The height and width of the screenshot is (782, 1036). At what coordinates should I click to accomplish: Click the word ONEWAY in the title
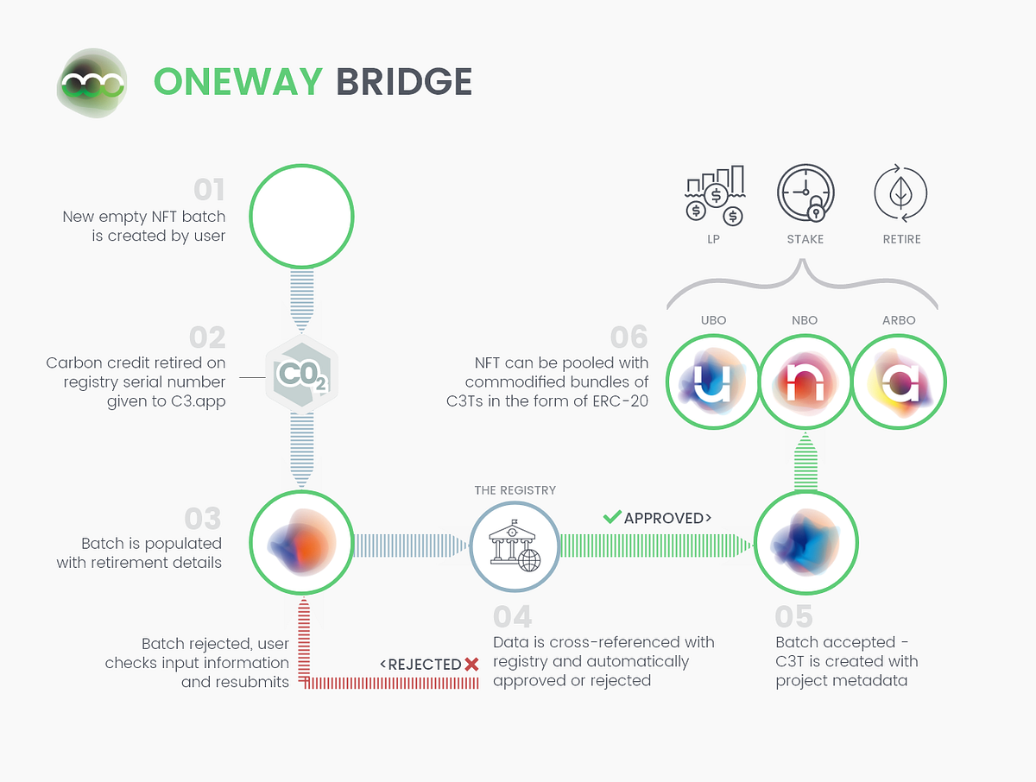pyautogui.click(x=237, y=82)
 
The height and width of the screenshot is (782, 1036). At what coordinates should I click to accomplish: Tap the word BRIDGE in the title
pyautogui.click(x=404, y=82)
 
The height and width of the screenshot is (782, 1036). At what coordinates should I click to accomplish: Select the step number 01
pyautogui.click(x=208, y=190)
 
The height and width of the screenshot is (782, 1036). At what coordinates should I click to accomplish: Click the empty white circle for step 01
pyautogui.click(x=301, y=215)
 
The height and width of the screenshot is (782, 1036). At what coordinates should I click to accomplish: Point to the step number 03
pyautogui.click(x=203, y=519)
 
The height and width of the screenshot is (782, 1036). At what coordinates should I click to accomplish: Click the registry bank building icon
pyautogui.click(x=515, y=546)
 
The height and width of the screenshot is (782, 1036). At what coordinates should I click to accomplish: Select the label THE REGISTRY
pyautogui.click(x=515, y=490)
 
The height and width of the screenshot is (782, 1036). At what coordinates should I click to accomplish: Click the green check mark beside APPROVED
pyautogui.click(x=612, y=517)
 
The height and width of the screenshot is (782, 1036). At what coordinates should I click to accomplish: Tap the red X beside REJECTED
pyautogui.click(x=471, y=664)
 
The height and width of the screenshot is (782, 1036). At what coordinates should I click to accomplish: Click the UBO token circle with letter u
pyautogui.click(x=713, y=381)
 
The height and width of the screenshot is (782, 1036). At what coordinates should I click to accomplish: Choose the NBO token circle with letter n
pyautogui.click(x=805, y=381)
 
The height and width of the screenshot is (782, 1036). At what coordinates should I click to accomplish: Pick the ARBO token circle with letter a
pyautogui.click(x=899, y=381)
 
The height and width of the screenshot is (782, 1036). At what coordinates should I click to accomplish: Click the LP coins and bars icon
pyautogui.click(x=714, y=194)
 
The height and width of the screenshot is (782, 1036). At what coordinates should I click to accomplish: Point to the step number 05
pyautogui.click(x=793, y=616)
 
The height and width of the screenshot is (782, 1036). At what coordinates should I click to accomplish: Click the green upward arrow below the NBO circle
pyautogui.click(x=805, y=462)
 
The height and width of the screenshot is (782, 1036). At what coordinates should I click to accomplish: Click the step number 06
pyautogui.click(x=629, y=337)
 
